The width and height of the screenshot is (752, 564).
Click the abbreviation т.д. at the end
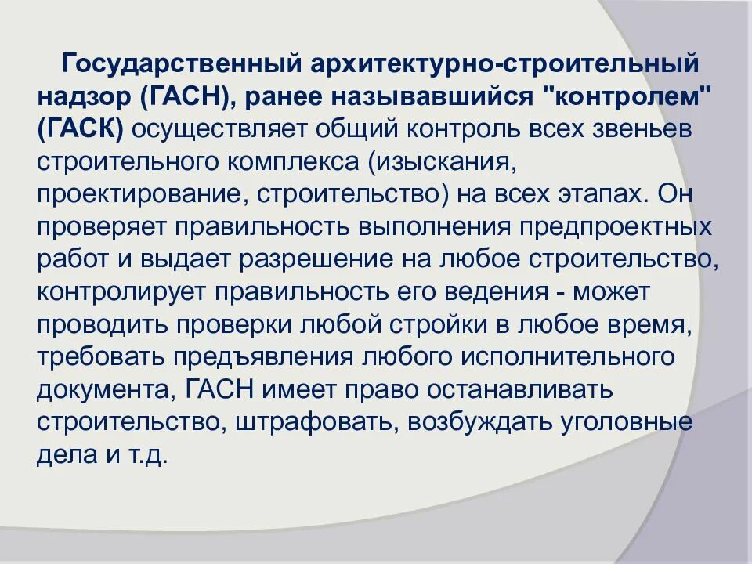(148, 455)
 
